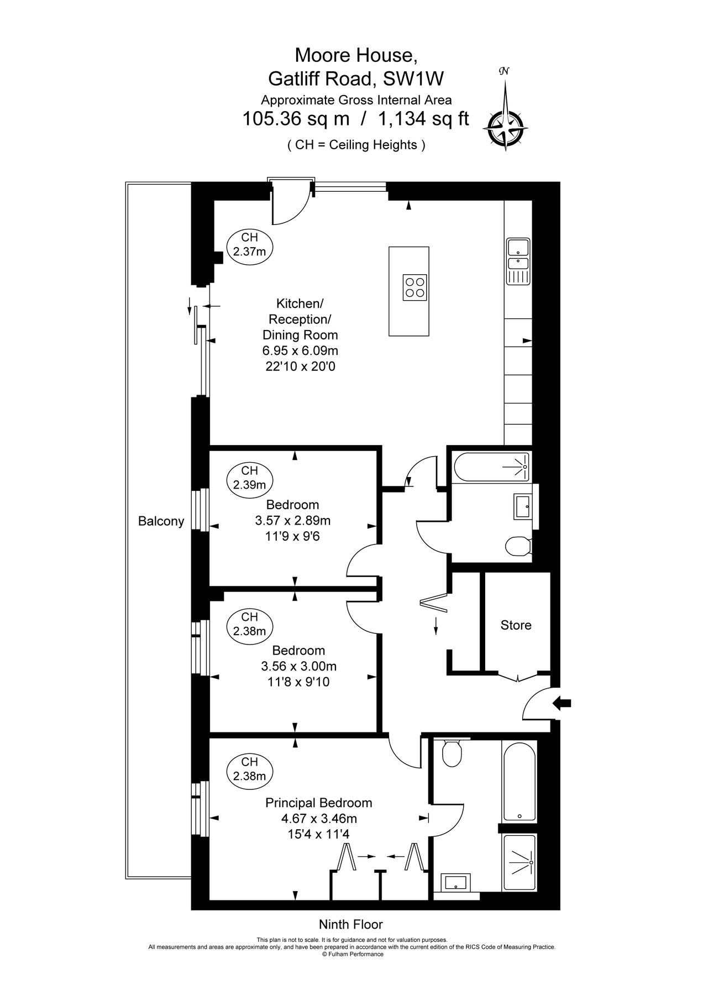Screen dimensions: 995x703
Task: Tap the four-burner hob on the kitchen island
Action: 415,287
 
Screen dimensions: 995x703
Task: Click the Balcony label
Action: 161,521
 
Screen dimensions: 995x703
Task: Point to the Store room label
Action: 516,625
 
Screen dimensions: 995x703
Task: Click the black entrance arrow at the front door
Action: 562,703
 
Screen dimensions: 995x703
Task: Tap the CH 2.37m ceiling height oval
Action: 249,244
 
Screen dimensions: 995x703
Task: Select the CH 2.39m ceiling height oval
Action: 249,478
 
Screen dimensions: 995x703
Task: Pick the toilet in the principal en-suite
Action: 452,753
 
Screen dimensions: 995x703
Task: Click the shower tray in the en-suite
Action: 519,862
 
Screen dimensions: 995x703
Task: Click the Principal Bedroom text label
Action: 319,803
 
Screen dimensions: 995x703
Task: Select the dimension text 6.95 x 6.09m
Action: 300,350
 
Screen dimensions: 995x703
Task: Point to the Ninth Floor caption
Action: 350,924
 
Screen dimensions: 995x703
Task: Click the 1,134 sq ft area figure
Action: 423,118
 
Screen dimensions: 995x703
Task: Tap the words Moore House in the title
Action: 355,55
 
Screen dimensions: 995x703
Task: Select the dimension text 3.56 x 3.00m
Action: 298,666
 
